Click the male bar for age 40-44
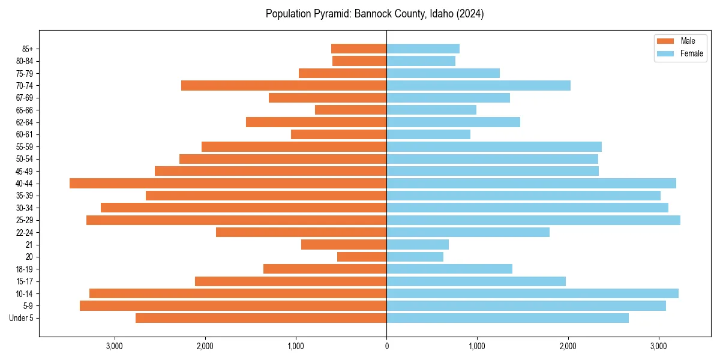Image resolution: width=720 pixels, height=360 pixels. [228, 184]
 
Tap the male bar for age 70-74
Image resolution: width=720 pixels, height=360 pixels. [284, 86]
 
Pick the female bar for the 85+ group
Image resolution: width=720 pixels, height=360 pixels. [423, 49]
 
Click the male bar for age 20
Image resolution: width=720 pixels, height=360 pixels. [362, 257]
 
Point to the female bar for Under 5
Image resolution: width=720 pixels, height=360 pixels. [508, 318]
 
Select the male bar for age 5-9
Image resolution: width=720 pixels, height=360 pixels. [233, 306]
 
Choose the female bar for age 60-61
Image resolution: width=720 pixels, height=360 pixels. [428, 134]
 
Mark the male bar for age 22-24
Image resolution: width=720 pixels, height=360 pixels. [301, 232]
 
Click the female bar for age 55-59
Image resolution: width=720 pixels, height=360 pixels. [494, 147]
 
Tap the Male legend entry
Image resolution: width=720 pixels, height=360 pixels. [688, 41]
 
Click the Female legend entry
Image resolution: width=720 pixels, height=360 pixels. [691, 53]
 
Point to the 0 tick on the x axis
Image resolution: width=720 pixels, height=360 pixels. [386, 346]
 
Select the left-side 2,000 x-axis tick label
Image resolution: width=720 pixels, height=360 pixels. [205, 346]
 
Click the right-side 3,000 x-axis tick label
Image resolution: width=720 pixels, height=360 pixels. [659, 346]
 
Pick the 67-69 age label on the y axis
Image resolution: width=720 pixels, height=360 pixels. [25, 98]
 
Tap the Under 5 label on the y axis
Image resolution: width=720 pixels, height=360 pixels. [22, 318]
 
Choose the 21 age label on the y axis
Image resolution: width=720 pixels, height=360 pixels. [29, 245]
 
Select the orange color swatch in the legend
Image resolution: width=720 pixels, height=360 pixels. [665, 41]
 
